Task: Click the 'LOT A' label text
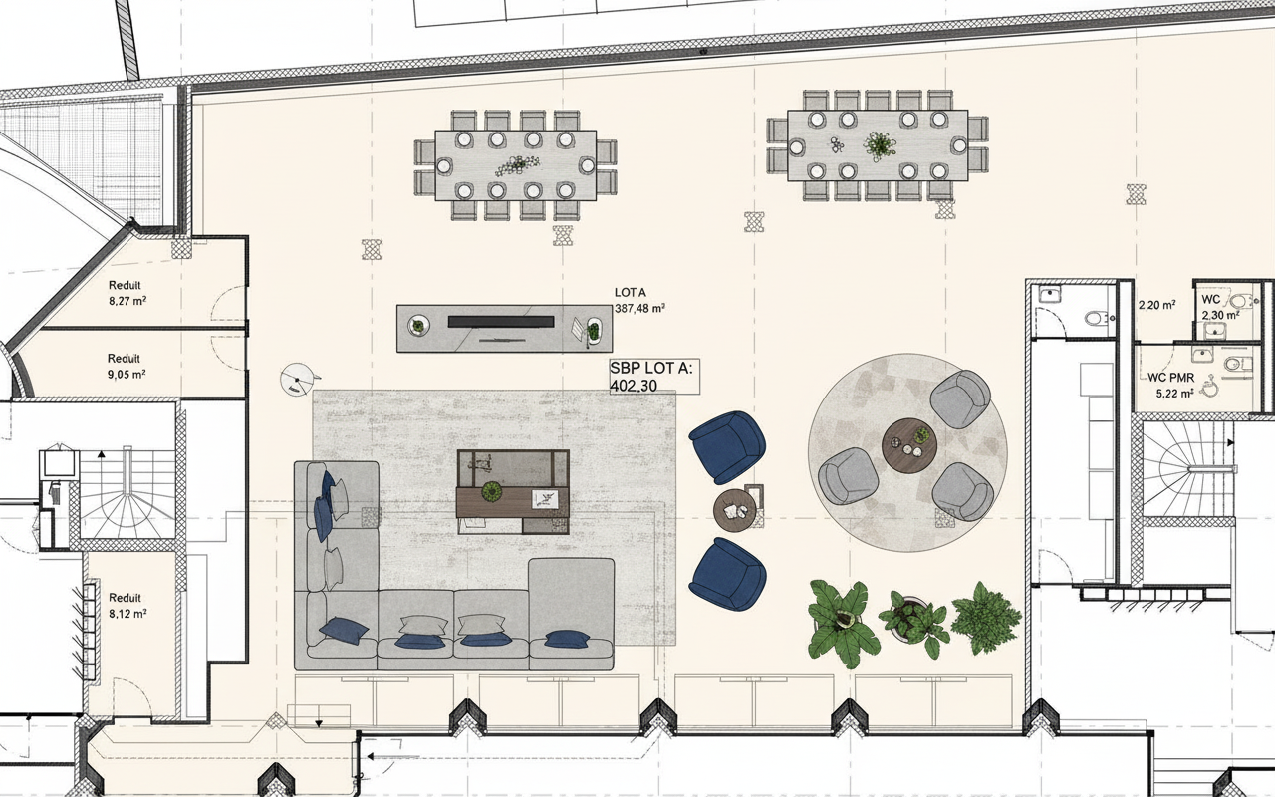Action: pos(631,293)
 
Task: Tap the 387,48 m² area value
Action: pos(639,309)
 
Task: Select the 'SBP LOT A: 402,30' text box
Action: pos(654,377)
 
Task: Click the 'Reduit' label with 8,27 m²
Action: pos(125,285)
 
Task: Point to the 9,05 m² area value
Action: pos(127,375)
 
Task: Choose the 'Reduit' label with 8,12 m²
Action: pos(125,598)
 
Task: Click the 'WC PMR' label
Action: pos(1170,378)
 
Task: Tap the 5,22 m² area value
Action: pos(1174,393)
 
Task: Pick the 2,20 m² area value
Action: pos(1157,305)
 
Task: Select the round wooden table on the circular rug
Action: pos(909,445)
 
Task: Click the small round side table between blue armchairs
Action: pos(735,510)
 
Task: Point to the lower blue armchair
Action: pos(727,574)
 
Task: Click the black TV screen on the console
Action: pos(501,322)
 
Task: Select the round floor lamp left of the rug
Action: pos(297,378)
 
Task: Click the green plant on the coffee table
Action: pos(490,491)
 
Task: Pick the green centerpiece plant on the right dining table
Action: pos(880,145)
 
